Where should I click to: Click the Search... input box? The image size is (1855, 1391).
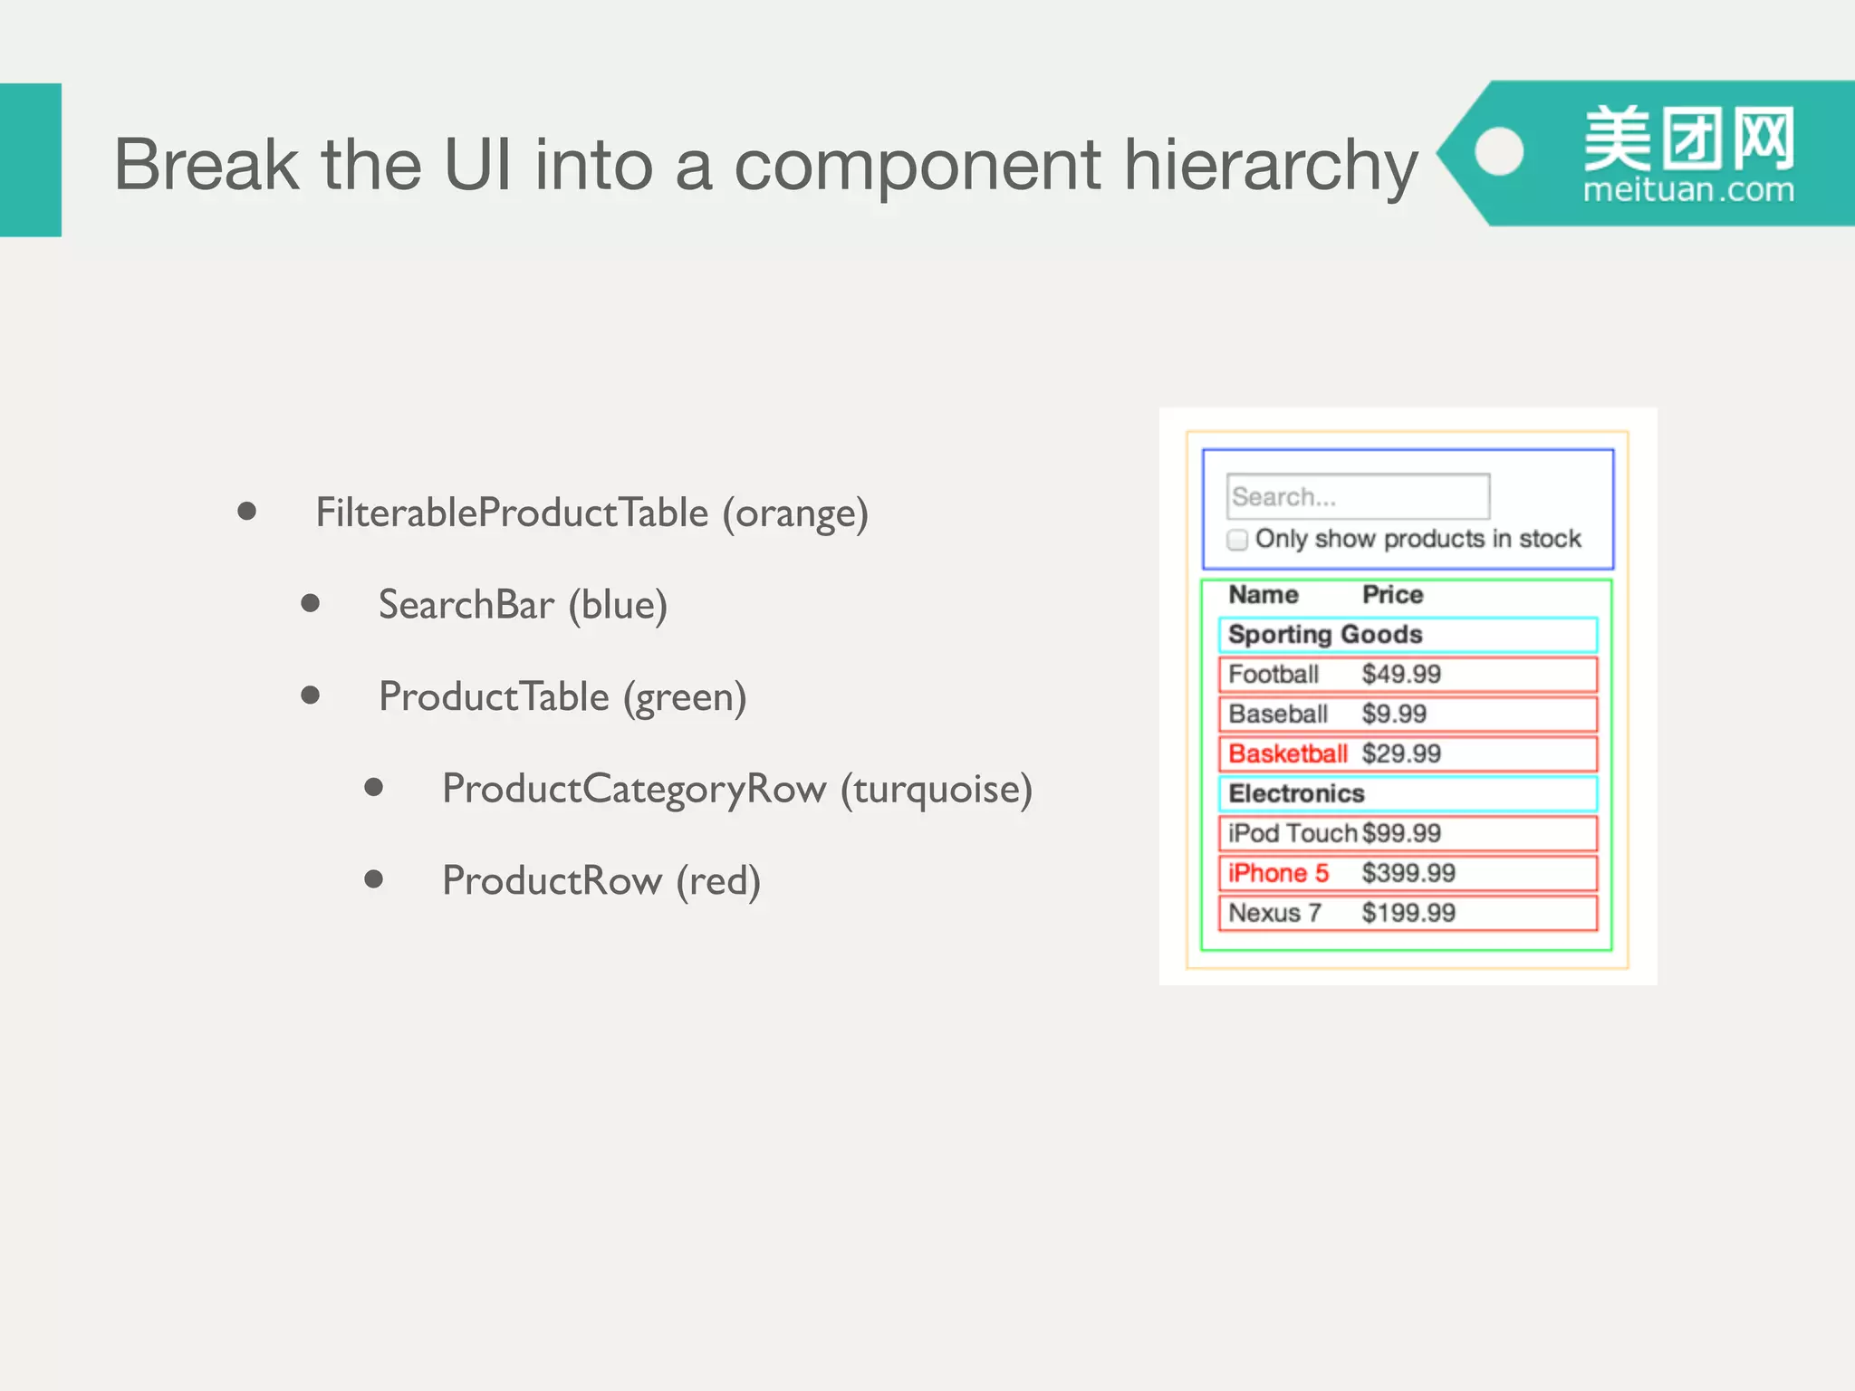pos(1357,496)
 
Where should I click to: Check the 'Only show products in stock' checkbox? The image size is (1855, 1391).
pos(1237,540)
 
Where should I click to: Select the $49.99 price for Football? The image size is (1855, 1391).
pos(1400,675)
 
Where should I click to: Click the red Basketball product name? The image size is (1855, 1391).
pos(1287,754)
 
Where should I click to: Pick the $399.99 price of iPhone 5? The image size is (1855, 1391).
pos(1408,874)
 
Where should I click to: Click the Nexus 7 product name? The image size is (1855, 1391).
pos(1274,913)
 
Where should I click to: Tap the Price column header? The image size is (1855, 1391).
pos(1392,595)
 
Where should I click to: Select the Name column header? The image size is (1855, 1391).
pos(1263,595)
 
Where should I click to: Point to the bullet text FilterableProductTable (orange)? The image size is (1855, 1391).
pos(591,513)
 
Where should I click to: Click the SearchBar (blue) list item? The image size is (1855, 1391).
pos(523,605)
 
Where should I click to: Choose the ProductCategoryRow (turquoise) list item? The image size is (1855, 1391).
pos(736,789)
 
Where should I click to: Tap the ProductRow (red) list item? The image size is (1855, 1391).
pos(601,881)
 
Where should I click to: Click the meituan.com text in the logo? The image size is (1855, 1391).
pos(1688,190)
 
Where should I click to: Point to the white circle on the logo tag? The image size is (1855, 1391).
pos(1499,151)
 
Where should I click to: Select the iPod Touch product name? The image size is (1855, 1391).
pos(1292,834)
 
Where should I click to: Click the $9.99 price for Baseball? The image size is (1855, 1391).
pos(1393,715)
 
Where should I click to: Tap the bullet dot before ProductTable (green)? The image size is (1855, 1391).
pos(311,695)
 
